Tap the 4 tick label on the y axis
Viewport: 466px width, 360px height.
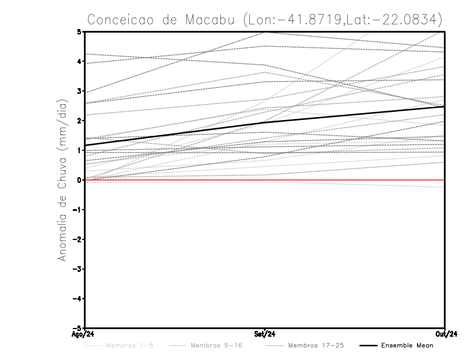(x=79, y=61)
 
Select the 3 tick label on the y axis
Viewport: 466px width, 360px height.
(x=79, y=91)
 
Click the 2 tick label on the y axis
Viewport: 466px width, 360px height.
(x=79, y=121)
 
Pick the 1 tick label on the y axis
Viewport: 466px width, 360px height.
(x=79, y=150)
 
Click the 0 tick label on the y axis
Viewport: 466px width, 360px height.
(x=79, y=180)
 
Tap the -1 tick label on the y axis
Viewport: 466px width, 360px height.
(x=77, y=210)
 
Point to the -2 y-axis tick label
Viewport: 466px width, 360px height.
(x=77, y=239)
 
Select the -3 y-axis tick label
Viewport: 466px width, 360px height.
(x=77, y=269)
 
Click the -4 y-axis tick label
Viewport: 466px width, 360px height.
(x=77, y=299)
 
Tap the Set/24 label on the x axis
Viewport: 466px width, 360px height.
(x=265, y=334)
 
